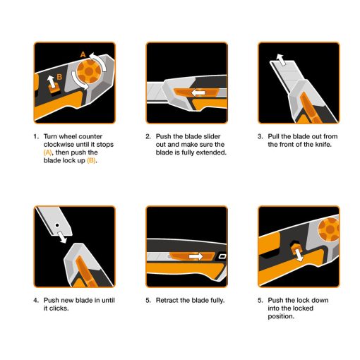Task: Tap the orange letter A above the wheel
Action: tap(82, 54)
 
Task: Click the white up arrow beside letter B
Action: tap(49, 83)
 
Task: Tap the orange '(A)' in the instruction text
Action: tap(48, 152)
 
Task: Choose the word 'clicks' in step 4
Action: tap(56, 308)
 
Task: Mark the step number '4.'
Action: tap(35, 301)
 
